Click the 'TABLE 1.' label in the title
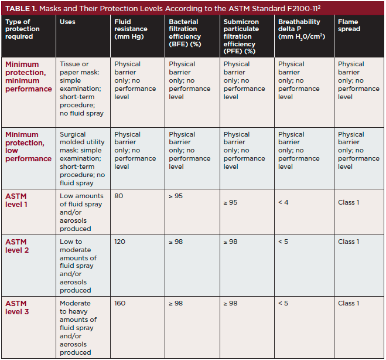[x=23, y=8]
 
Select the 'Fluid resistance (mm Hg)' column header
[x=131, y=29]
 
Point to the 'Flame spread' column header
[x=349, y=26]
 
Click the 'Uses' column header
[x=67, y=22]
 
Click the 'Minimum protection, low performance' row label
[x=28, y=147]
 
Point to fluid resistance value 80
[x=119, y=196]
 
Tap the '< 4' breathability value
[x=283, y=202]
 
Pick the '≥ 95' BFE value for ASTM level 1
[x=176, y=196]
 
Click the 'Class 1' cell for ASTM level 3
[x=349, y=303]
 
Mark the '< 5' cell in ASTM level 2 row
[x=283, y=242]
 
